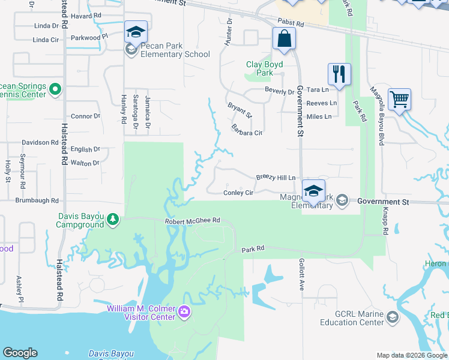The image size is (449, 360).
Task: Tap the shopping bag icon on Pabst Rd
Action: pyautogui.click(x=284, y=40)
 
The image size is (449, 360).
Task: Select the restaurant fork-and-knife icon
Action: pyautogui.click(x=339, y=74)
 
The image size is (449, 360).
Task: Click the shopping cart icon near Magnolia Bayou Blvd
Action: pyautogui.click(x=399, y=99)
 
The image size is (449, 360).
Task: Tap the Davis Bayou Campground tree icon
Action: pyautogui.click(x=113, y=220)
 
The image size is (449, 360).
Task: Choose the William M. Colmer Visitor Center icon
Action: pyautogui.click(x=184, y=313)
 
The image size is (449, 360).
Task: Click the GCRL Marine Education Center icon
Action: pyautogui.click(x=393, y=317)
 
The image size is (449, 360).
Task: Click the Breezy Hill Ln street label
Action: pyautogui.click(x=276, y=178)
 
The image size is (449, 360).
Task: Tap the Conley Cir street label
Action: pyautogui.click(x=238, y=193)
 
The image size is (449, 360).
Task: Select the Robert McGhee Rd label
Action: pyautogui.click(x=193, y=221)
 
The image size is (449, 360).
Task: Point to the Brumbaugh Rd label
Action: pyautogui.click(x=32, y=200)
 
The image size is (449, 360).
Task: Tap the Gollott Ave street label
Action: pyautogui.click(x=301, y=275)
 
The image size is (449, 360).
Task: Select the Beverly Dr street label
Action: pyautogui.click(x=280, y=91)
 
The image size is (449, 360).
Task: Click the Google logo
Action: pyautogui.click(x=20, y=353)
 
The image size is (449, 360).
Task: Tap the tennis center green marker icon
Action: pyautogui.click(x=55, y=90)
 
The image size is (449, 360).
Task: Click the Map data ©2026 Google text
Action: pyautogui.click(x=411, y=355)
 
